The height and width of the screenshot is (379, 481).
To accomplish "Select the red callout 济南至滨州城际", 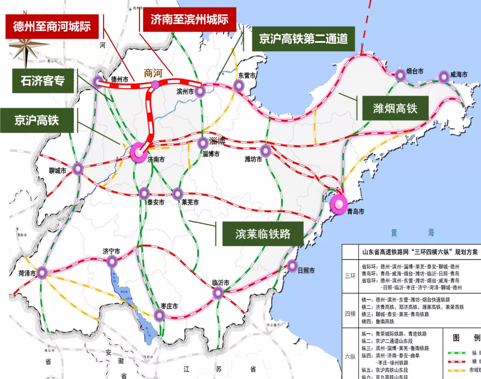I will (x=189, y=20).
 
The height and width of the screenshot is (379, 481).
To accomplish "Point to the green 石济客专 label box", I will (x=43, y=81).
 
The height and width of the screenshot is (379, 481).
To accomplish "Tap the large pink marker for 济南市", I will (x=139, y=152).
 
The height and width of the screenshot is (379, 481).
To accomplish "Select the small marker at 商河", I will (x=155, y=84).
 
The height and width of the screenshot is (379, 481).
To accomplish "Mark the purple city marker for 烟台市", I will (x=400, y=76).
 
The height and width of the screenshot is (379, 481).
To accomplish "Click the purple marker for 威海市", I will (x=444, y=77).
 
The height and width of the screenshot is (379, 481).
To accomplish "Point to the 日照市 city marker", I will (x=292, y=266).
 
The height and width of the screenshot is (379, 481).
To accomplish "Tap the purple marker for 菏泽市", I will (x=42, y=272).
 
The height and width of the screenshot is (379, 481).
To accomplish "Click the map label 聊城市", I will (x=57, y=171).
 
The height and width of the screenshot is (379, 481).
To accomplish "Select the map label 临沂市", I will (x=220, y=283).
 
